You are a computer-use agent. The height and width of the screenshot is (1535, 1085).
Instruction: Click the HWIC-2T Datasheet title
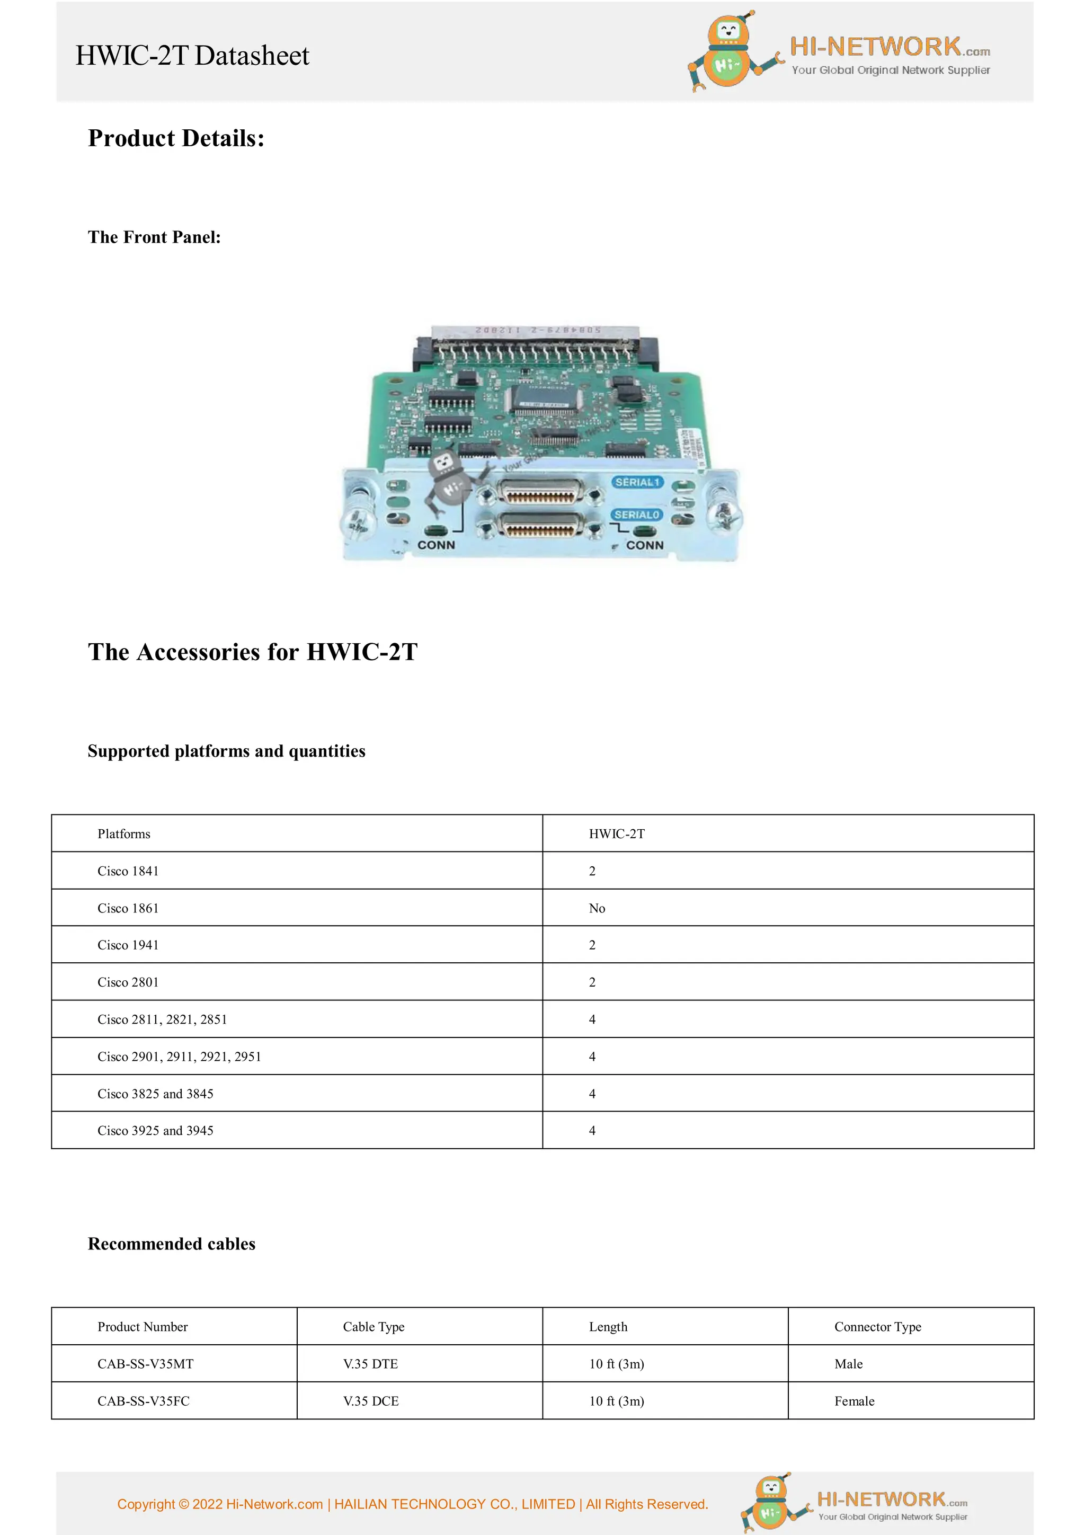192,56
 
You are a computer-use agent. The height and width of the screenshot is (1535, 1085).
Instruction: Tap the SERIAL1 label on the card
637,482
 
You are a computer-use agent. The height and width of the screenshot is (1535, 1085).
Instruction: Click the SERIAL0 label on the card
637,515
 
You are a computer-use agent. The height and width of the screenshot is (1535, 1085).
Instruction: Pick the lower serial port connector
540,528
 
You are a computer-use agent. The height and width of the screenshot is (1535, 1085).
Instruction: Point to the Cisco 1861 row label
128,908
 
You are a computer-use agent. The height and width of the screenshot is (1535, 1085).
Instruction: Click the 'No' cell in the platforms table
597,908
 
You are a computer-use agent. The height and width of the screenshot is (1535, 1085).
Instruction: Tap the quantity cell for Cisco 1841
592,871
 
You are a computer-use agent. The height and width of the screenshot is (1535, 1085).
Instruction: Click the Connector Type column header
877,1326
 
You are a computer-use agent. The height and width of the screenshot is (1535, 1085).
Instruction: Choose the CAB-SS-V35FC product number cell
143,1400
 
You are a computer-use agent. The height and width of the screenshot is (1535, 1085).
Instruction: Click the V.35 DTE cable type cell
370,1363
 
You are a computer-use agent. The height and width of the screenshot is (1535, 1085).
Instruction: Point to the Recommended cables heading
171,1244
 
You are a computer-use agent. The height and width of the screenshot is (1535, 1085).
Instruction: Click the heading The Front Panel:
154,237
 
